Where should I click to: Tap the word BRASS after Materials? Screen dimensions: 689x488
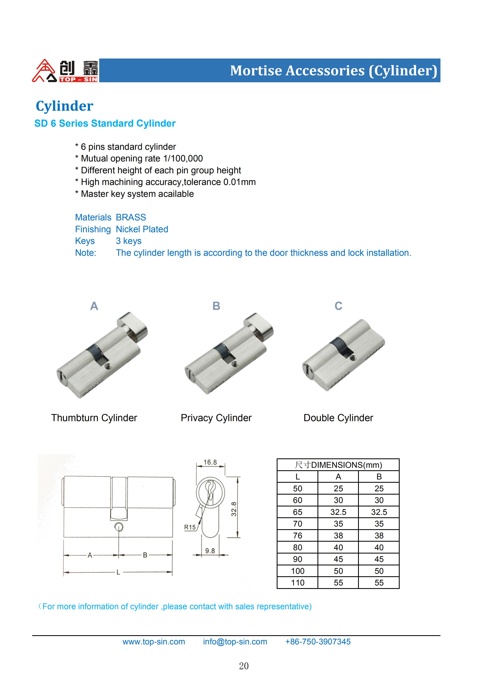(x=131, y=217)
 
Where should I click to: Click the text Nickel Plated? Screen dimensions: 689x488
(x=142, y=229)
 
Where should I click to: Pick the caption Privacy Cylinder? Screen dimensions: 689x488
(x=216, y=418)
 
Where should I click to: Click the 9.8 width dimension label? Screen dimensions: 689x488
(x=210, y=551)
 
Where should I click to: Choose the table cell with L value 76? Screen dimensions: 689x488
(x=297, y=536)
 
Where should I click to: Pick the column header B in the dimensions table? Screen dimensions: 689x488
(x=379, y=477)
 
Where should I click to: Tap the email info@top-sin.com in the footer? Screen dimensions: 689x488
(x=235, y=642)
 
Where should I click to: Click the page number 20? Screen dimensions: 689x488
(x=244, y=666)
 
